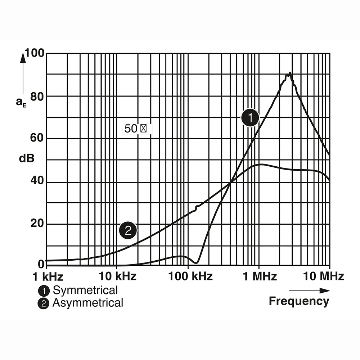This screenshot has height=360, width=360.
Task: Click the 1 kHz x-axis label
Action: click(x=48, y=276)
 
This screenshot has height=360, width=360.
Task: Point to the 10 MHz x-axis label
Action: click(x=323, y=276)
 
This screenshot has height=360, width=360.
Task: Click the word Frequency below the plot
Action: click(x=299, y=301)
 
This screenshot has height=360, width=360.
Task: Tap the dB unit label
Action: click(x=27, y=158)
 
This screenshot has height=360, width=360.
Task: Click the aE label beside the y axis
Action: click(x=21, y=102)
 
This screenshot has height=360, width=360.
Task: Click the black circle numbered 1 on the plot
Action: click(x=250, y=118)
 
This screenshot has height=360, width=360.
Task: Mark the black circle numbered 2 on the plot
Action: click(x=128, y=230)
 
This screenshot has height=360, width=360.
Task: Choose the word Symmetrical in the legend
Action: click(x=85, y=290)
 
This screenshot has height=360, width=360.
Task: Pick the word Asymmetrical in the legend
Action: click(x=88, y=303)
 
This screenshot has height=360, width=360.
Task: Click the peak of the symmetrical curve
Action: click(x=290, y=73)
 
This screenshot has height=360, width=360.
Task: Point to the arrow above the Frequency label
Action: click(x=309, y=291)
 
